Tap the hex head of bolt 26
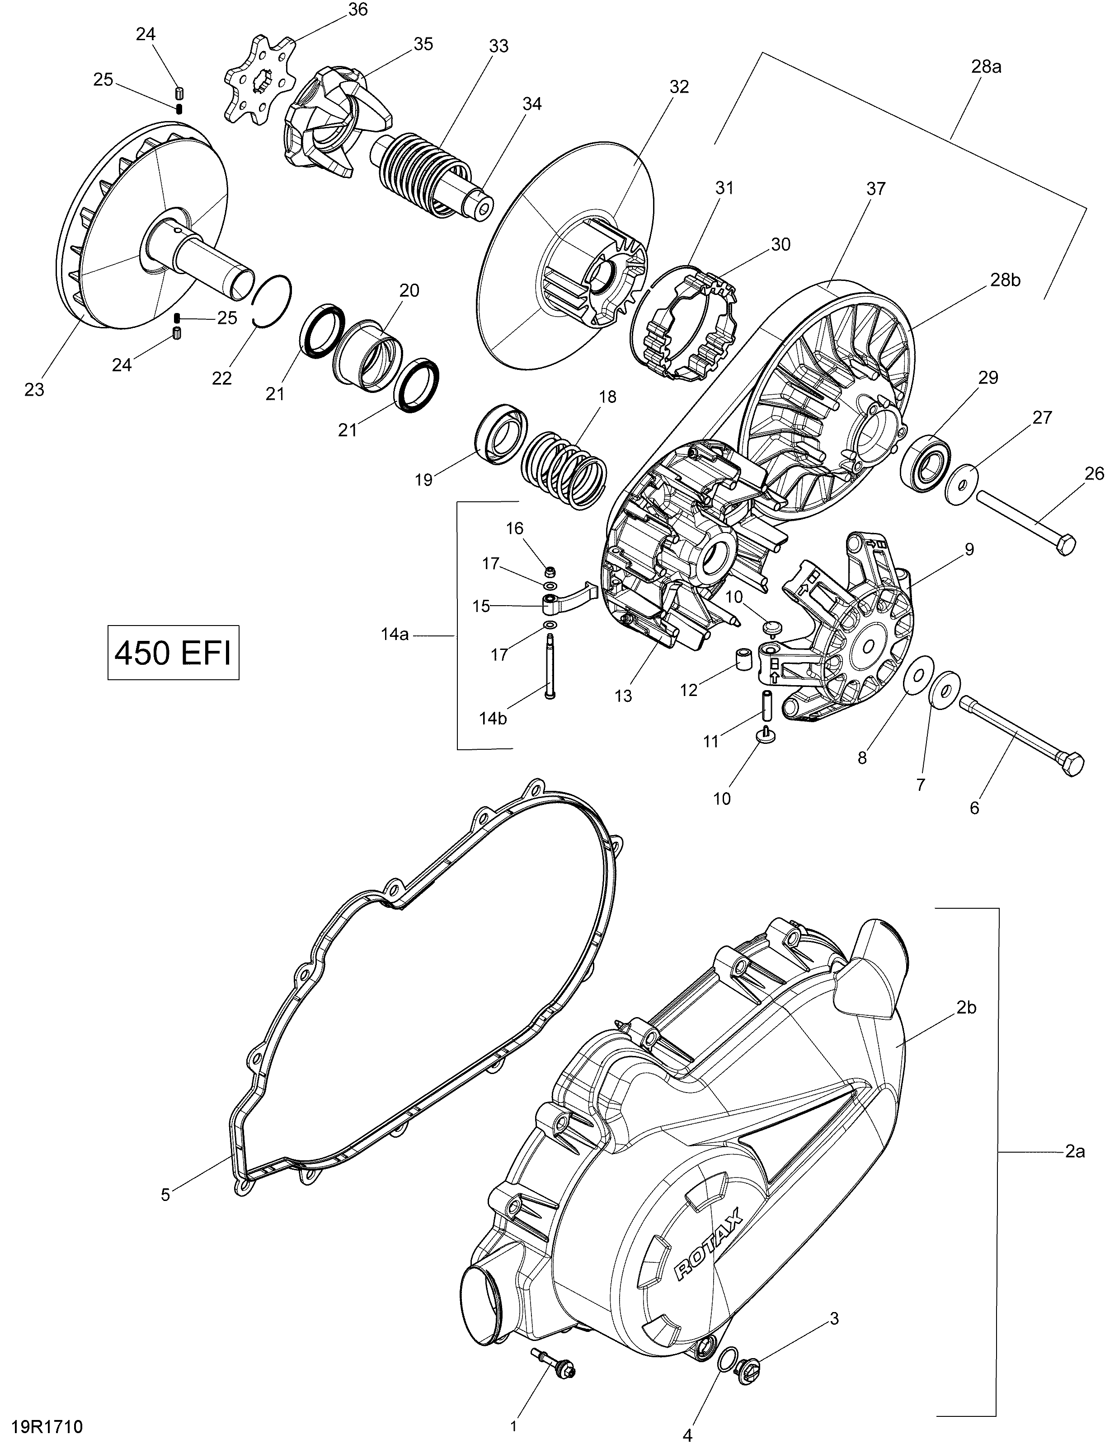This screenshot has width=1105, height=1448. (1065, 544)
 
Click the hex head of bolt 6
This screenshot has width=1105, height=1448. (1072, 765)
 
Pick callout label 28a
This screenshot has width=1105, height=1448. (986, 66)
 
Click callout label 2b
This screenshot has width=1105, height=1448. (966, 1008)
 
